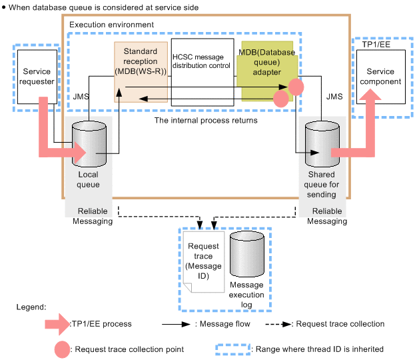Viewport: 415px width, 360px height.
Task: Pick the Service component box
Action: (x=380, y=76)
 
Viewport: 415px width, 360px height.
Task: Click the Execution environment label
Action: (x=111, y=25)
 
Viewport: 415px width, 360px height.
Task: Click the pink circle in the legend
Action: (x=64, y=349)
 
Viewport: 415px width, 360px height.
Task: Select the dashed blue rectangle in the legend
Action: (x=233, y=349)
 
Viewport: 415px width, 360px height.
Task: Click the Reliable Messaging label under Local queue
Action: (x=93, y=216)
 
